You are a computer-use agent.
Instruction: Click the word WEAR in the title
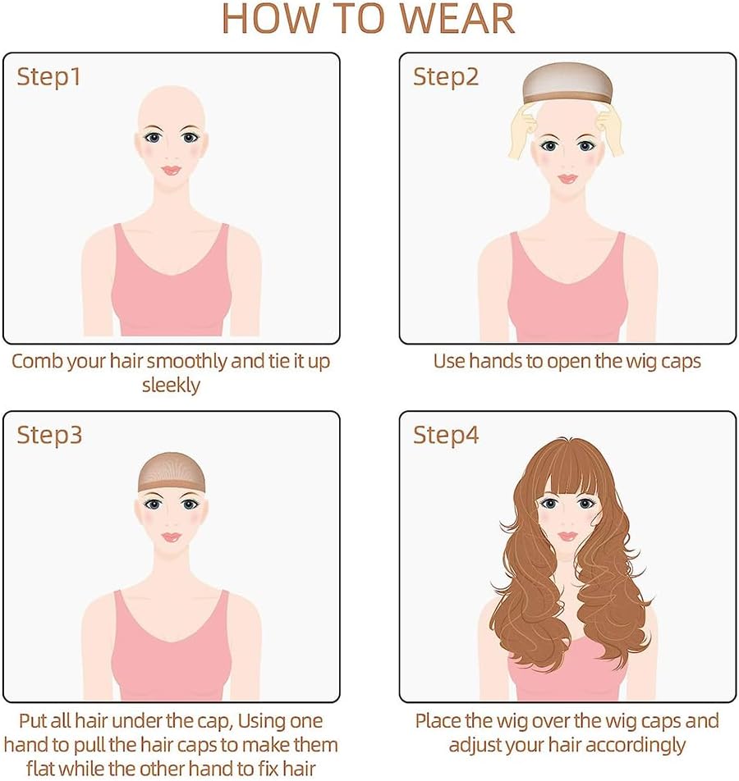[457, 19]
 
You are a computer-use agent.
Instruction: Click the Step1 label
[48, 78]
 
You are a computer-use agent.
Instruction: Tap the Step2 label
[446, 78]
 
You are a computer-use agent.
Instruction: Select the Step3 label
[49, 435]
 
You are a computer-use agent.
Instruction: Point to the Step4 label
[446, 435]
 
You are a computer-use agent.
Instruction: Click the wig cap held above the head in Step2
[567, 83]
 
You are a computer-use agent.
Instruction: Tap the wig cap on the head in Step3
[171, 471]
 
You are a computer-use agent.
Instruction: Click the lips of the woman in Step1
[171, 171]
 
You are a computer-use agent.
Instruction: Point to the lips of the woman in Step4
[567, 536]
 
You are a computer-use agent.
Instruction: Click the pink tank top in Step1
[171, 289]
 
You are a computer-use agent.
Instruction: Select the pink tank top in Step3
[171, 652]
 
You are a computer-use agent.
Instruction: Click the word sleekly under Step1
[171, 386]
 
